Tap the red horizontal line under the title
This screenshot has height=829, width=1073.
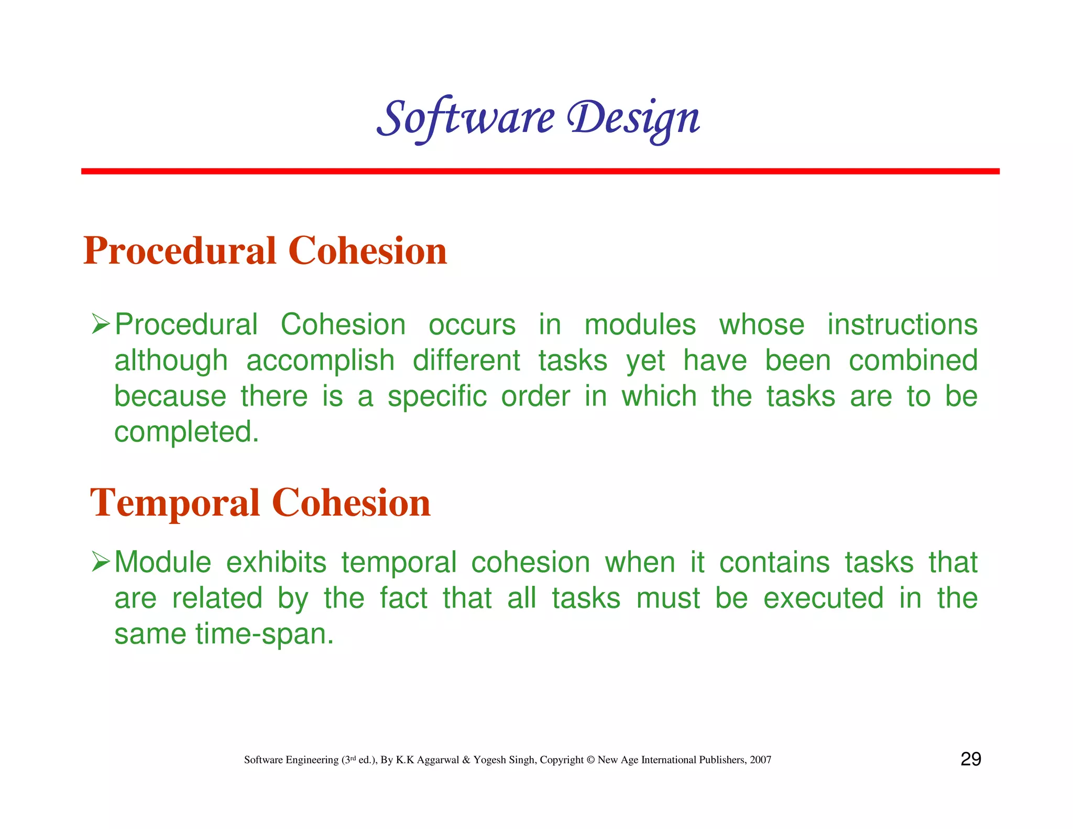pyautogui.click(x=540, y=171)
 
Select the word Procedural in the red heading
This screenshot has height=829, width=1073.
pyautogui.click(x=180, y=250)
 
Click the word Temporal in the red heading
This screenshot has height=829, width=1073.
pyautogui.click(x=174, y=503)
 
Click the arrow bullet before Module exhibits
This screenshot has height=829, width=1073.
pyautogui.click(x=100, y=562)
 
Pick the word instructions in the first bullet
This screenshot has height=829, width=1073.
pyautogui.click(x=902, y=324)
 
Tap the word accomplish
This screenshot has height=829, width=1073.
pyautogui.click(x=320, y=361)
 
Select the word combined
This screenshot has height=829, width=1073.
pyautogui.click(x=913, y=361)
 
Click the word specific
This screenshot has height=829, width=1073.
pyautogui.click(x=437, y=397)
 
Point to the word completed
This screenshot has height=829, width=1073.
pyautogui.click(x=187, y=432)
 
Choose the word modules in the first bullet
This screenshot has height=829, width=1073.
pyautogui.click(x=640, y=324)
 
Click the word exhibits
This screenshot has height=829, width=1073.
pyautogui.click(x=276, y=562)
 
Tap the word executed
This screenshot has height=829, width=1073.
pyautogui.click(x=823, y=598)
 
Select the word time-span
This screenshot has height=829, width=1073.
pyautogui.click(x=264, y=634)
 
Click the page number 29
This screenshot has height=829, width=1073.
pyautogui.click(x=970, y=759)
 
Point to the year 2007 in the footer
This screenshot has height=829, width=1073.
pyautogui.click(x=760, y=760)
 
